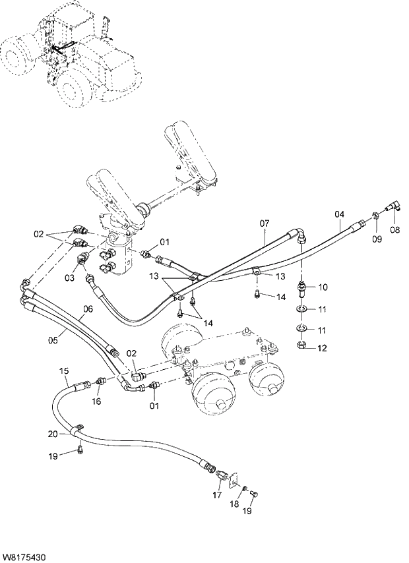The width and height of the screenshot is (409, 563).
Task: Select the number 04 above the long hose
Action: (x=339, y=214)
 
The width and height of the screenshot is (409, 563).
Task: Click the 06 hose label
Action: (x=88, y=309)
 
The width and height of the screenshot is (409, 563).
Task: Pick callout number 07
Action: (x=264, y=223)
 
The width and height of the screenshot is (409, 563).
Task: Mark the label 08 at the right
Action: (x=395, y=231)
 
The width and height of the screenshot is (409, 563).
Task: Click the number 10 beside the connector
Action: (x=323, y=287)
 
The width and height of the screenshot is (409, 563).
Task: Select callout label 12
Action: (x=323, y=348)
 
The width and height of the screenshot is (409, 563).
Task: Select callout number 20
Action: (x=53, y=433)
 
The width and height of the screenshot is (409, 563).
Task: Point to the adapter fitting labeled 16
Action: (x=102, y=380)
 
